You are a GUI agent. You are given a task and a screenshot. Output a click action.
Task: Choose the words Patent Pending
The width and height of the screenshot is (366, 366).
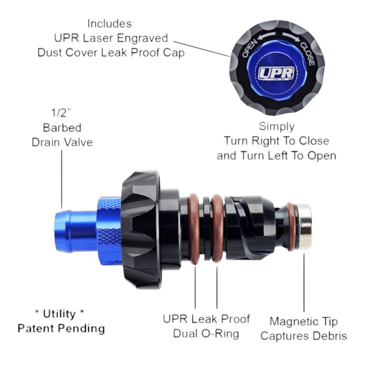[61, 328]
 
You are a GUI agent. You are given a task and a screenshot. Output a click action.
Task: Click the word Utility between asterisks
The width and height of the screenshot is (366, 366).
[59, 314]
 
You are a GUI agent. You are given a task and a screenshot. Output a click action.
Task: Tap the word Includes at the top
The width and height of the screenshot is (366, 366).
[109, 24]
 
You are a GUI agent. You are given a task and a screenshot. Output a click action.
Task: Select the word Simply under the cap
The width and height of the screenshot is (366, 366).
[277, 126]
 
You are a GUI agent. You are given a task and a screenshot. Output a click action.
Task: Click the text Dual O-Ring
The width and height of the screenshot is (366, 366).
[206, 334]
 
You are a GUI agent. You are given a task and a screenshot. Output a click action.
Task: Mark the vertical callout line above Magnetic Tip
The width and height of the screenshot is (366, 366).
[304, 281]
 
